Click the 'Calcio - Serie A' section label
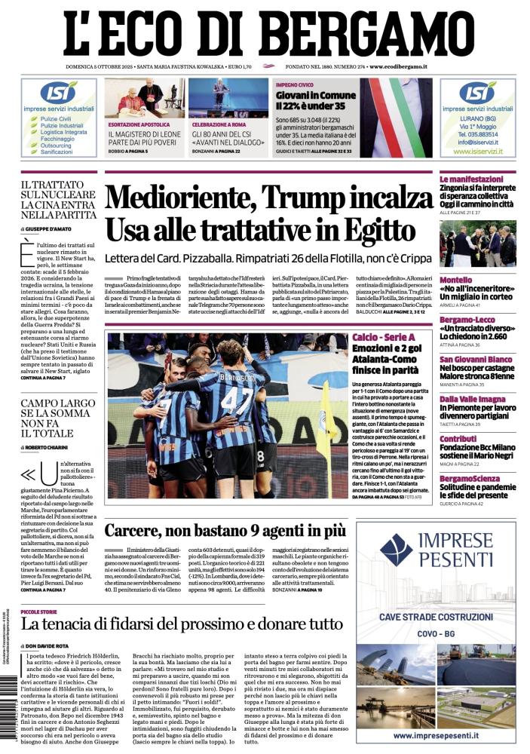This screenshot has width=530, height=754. point(383,336)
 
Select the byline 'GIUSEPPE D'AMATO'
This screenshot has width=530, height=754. point(52,227)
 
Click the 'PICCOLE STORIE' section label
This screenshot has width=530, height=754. point(44,611)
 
